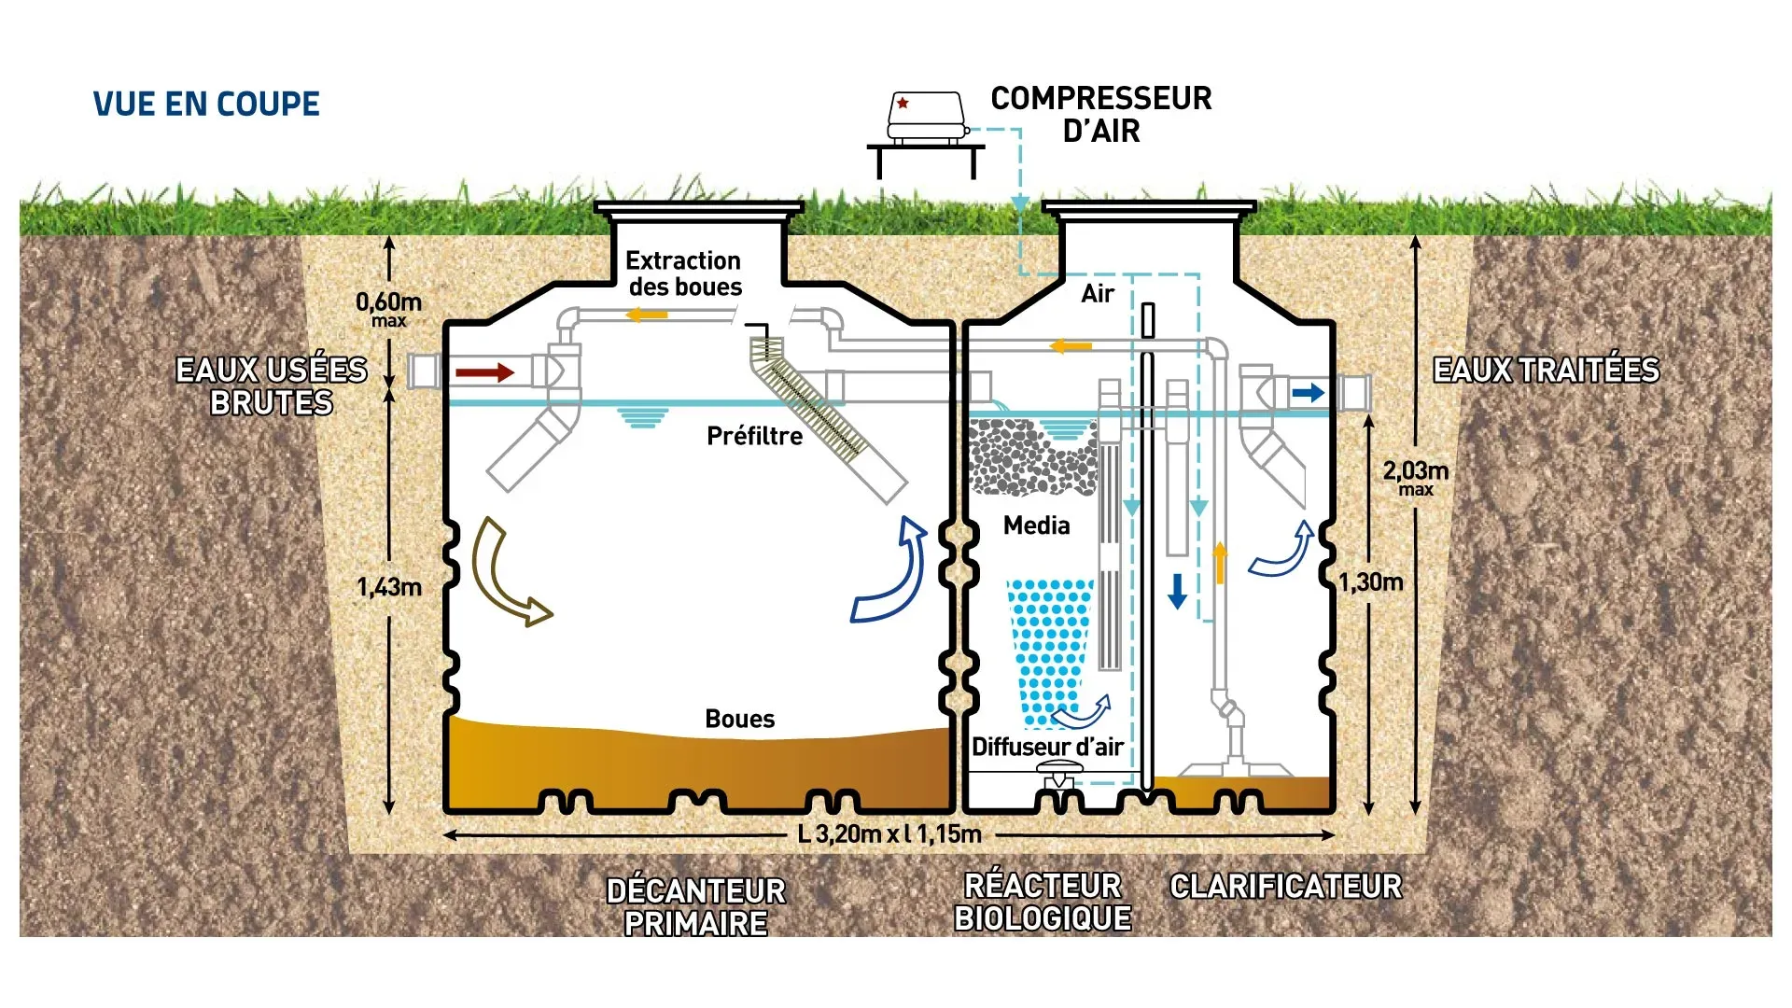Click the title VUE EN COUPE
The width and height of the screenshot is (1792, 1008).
206,104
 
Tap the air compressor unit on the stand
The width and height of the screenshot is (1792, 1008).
926,117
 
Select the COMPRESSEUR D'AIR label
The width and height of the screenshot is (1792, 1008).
1100,114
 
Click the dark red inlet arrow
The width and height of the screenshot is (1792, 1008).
484,372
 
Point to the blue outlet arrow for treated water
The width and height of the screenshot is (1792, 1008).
1308,393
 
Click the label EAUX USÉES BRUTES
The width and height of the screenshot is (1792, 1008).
272,386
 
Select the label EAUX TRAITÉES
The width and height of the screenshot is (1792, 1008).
1546,371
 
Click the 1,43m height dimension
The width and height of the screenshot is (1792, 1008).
388,587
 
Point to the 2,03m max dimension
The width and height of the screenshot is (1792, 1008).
1415,476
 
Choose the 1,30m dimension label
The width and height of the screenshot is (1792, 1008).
1371,582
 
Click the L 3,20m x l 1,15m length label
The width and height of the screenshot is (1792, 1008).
889,834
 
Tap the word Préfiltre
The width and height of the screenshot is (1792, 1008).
754,436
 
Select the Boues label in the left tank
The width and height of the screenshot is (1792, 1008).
739,719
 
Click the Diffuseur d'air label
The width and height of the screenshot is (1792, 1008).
1047,747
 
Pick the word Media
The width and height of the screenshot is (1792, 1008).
1036,525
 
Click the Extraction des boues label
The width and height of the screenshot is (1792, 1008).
684,273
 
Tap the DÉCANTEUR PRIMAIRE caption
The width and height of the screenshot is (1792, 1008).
696,906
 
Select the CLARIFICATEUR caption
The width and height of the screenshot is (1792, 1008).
1285,886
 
